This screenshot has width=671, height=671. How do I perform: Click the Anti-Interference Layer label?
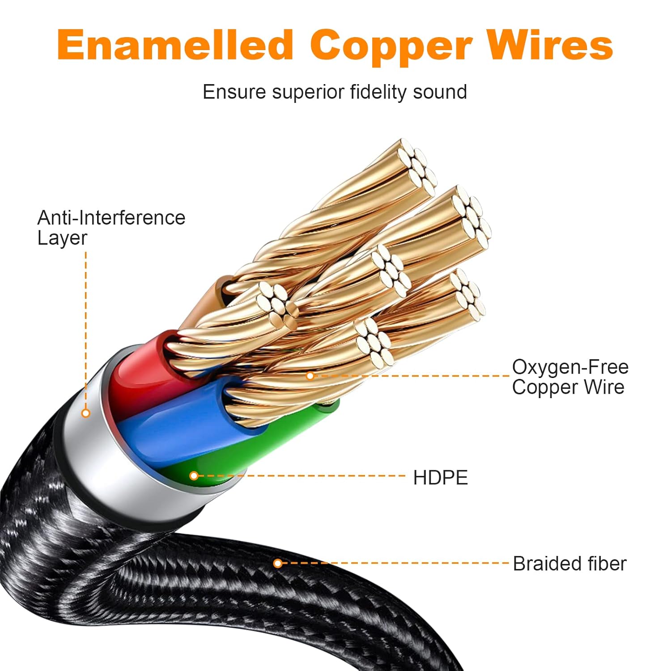pyautogui.click(x=111, y=228)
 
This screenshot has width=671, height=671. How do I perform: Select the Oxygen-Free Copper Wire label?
pyautogui.click(x=570, y=377)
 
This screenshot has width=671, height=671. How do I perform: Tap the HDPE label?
pyautogui.click(x=440, y=478)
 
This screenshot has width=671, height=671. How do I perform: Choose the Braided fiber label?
pyautogui.click(x=569, y=564)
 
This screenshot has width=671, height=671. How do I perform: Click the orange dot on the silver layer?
pyautogui.click(x=86, y=413)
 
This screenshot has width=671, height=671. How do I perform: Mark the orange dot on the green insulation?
pyautogui.click(x=194, y=476)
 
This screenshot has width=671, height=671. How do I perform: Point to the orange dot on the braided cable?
pyautogui.click(x=278, y=563)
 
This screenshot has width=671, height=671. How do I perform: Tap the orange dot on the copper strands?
pyautogui.click(x=310, y=376)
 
